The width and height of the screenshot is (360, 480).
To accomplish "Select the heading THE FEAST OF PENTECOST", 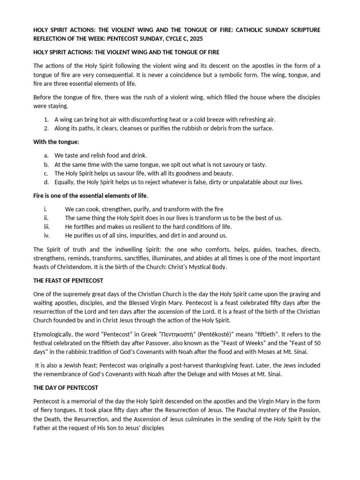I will coord(68,280).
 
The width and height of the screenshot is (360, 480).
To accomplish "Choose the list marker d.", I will coord(46,182).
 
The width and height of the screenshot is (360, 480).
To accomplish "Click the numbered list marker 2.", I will coord(46,128).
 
